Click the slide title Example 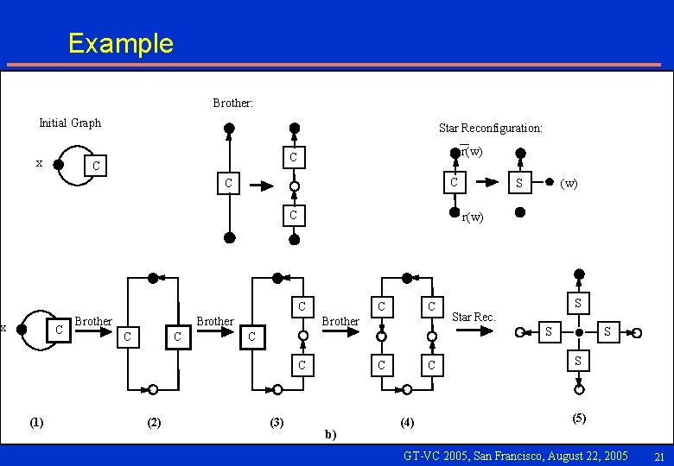[x=120, y=43]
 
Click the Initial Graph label [x=70, y=123]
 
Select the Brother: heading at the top [x=232, y=103]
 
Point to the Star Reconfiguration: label [x=490, y=128]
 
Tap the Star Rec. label [x=474, y=317]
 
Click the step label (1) [x=36, y=421]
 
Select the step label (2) [x=153, y=421]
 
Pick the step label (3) [x=277, y=421]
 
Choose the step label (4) [x=407, y=421]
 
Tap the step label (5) [x=579, y=418]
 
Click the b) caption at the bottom [x=331, y=434]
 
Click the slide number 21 [x=658, y=457]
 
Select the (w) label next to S [x=569, y=183]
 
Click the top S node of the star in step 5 [x=577, y=303]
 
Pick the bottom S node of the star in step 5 [x=577, y=359]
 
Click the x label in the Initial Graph [x=39, y=162]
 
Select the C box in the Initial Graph [x=96, y=165]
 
